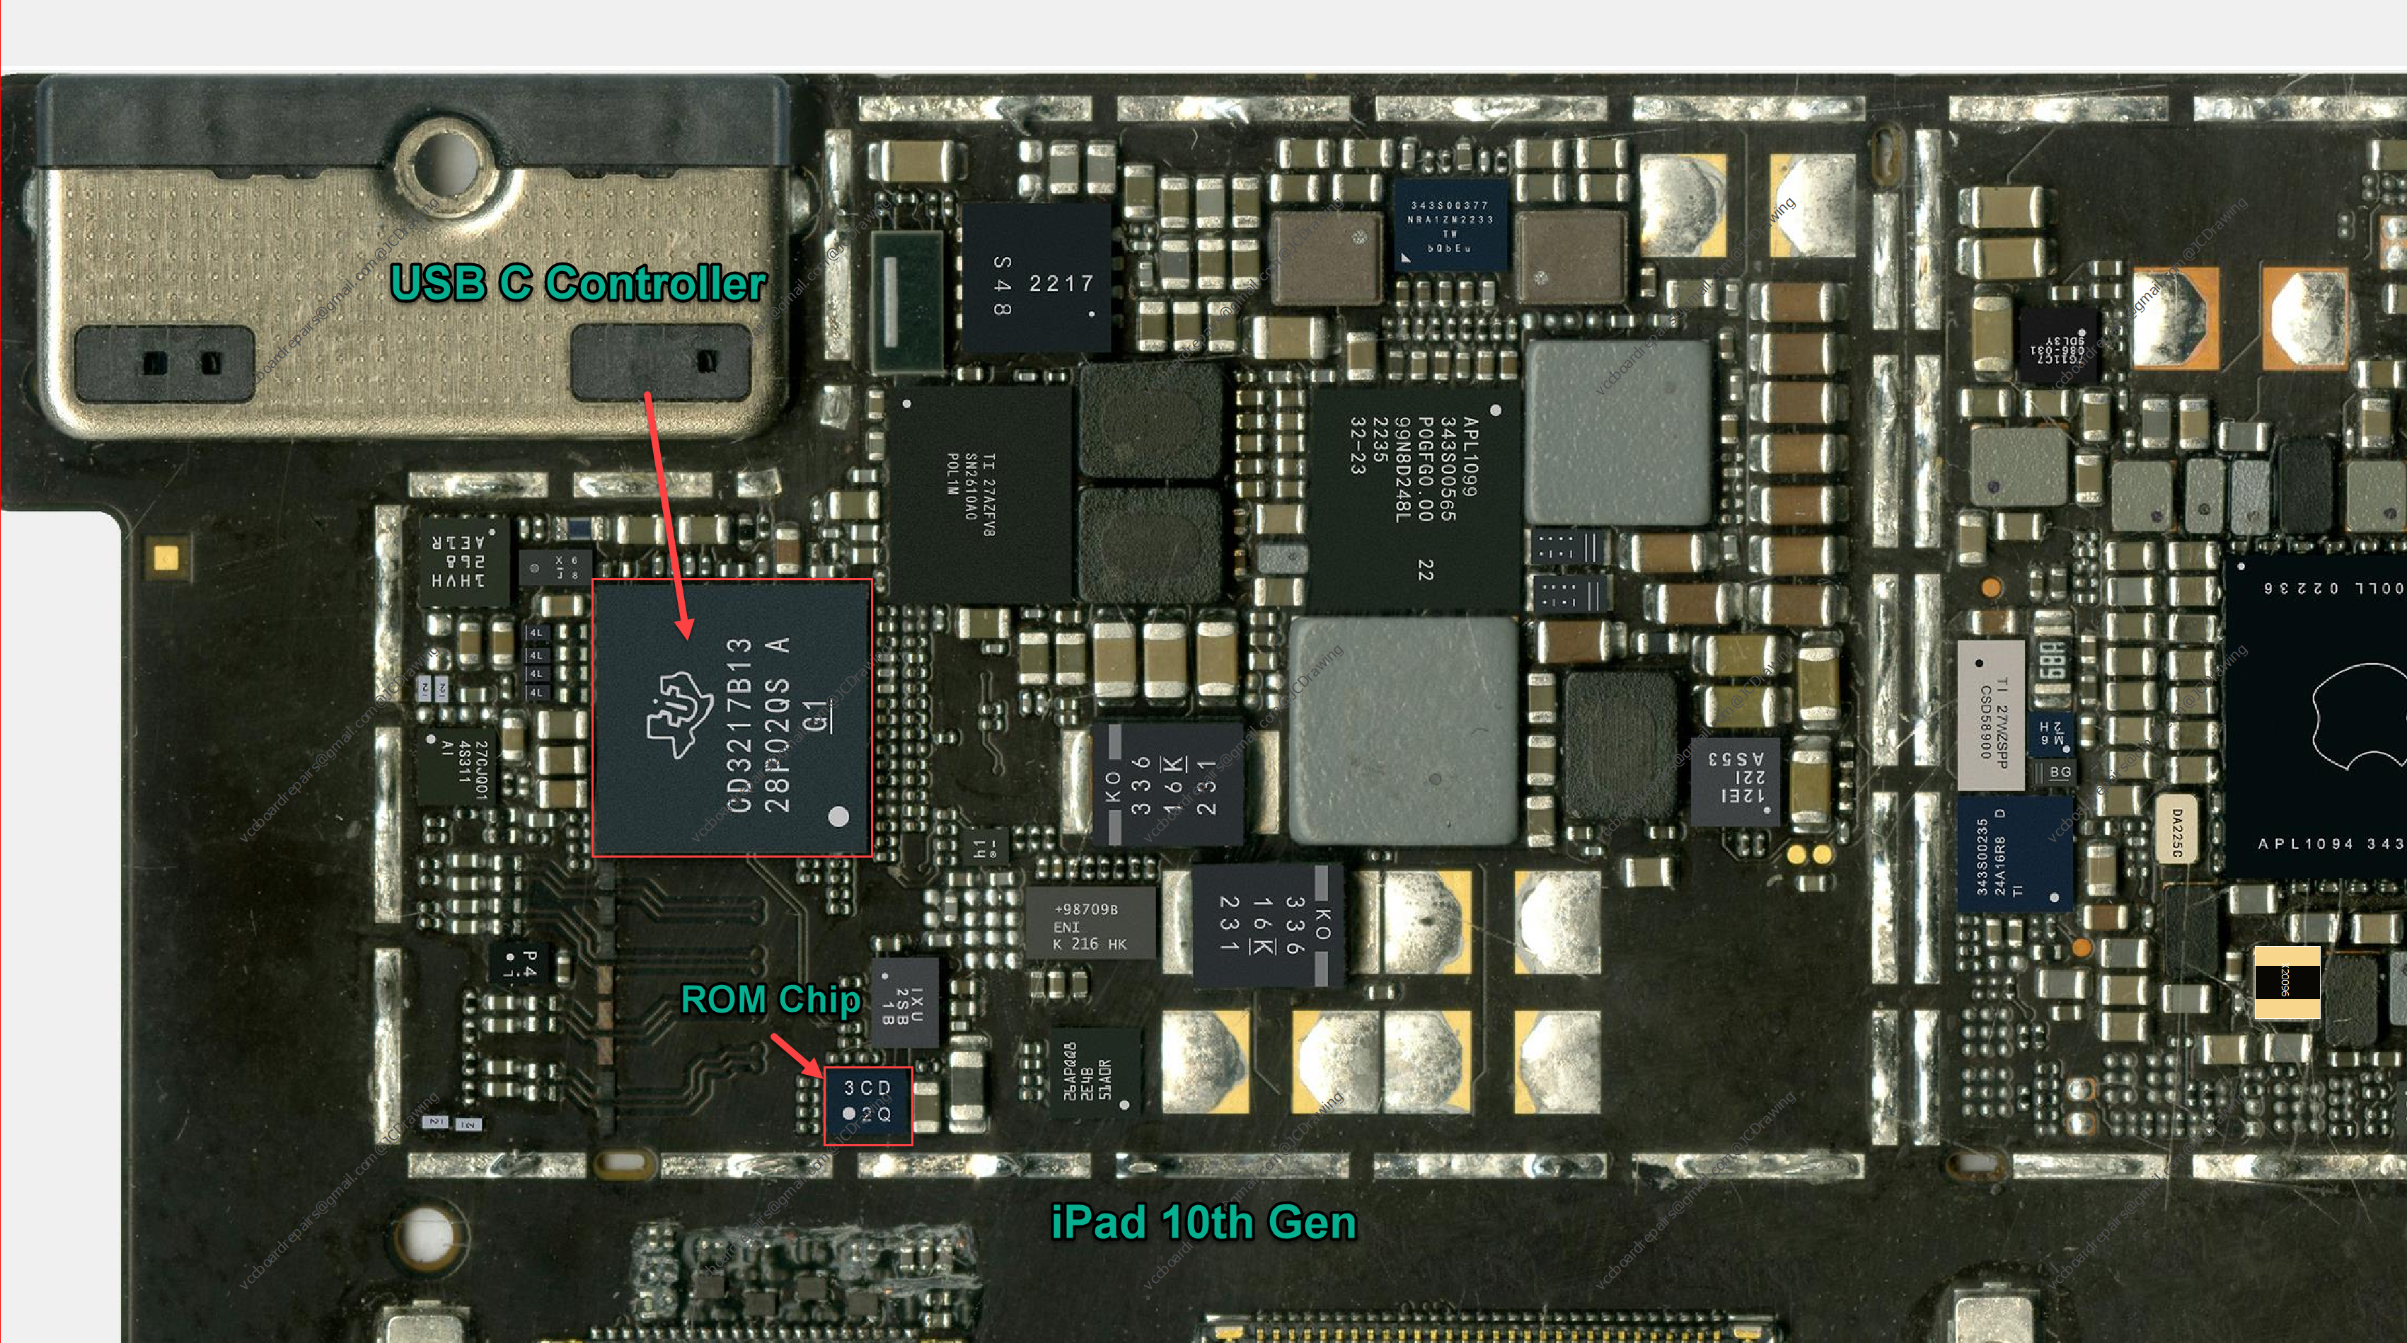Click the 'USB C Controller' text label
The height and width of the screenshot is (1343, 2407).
point(577,282)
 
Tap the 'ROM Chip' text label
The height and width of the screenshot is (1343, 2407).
point(770,999)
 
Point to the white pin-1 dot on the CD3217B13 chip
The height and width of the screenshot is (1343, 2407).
point(838,816)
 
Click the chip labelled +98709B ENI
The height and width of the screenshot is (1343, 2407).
point(1090,926)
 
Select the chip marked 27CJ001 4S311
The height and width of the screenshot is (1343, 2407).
point(458,763)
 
